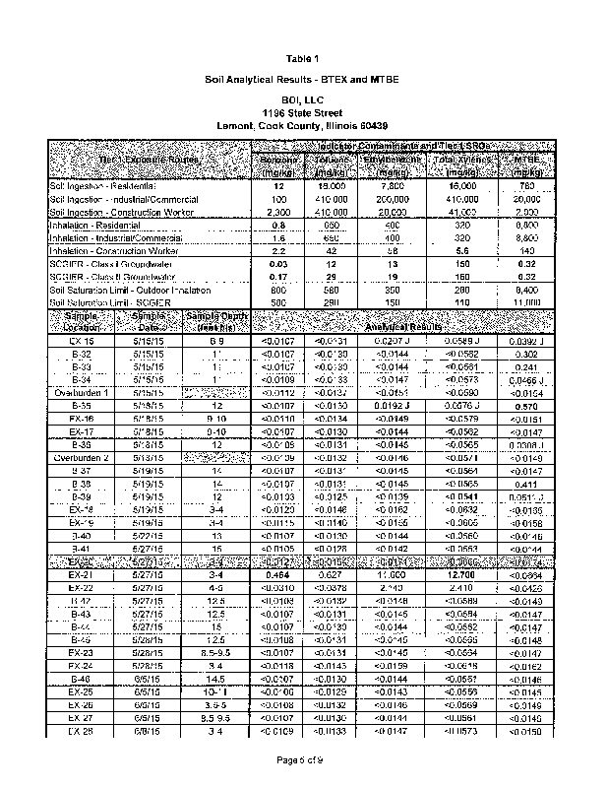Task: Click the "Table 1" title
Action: click(302, 57)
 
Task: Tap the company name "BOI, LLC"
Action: click(302, 101)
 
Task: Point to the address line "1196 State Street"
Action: click(302, 113)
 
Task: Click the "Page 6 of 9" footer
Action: click(303, 760)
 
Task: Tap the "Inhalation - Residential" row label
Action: click(102, 226)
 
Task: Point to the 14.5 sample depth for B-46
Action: click(214, 680)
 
